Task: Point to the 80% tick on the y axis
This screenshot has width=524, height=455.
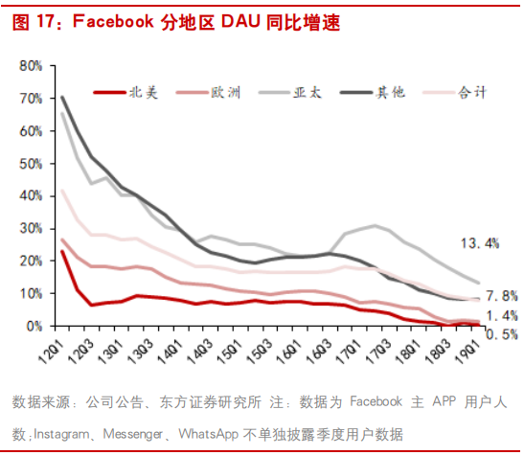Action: [29, 65]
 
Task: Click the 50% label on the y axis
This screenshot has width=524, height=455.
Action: [29, 163]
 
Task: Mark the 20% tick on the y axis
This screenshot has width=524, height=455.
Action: [29, 261]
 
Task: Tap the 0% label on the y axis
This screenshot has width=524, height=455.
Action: [33, 326]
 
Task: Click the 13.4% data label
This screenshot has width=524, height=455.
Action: [479, 243]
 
